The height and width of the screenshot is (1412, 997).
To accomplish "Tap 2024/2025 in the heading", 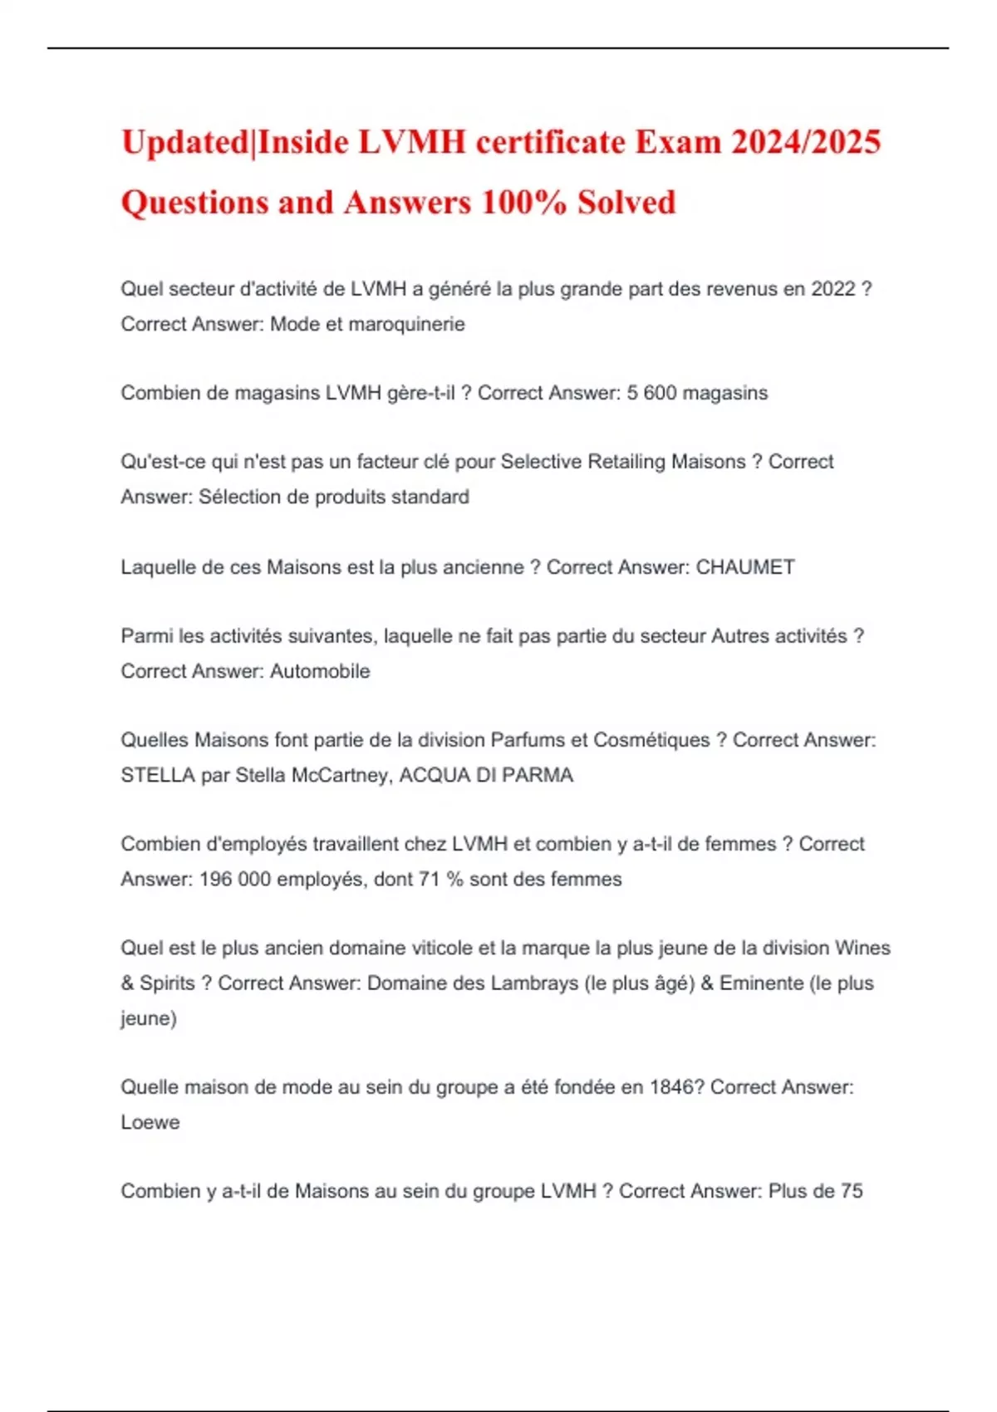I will (x=806, y=142).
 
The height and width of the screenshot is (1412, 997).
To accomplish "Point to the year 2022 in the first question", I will (x=833, y=289).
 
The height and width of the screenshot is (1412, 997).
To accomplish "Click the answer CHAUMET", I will (x=745, y=567).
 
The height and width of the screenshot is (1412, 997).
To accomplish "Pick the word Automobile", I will (x=320, y=671).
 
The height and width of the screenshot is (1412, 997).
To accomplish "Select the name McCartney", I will (x=340, y=775).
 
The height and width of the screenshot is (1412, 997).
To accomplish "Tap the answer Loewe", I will (x=150, y=1122).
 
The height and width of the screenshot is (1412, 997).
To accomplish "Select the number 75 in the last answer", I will (x=852, y=1191).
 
